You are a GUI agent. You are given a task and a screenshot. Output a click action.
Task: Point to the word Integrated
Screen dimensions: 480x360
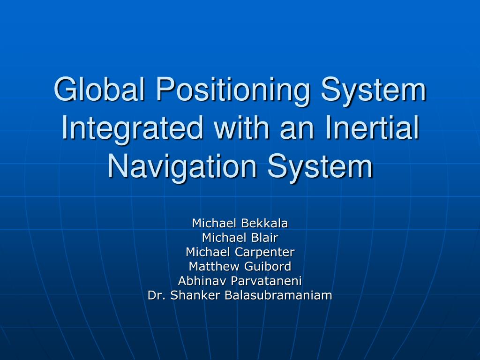click(132, 129)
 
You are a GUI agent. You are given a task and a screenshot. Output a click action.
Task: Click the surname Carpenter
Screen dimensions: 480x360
click(265, 252)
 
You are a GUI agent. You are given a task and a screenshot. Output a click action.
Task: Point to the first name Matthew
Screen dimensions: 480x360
click(214, 266)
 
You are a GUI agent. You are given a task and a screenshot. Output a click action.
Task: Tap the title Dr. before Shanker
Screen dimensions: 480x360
click(156, 295)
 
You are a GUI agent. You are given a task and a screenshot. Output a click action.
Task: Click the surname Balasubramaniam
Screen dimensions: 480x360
click(278, 295)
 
